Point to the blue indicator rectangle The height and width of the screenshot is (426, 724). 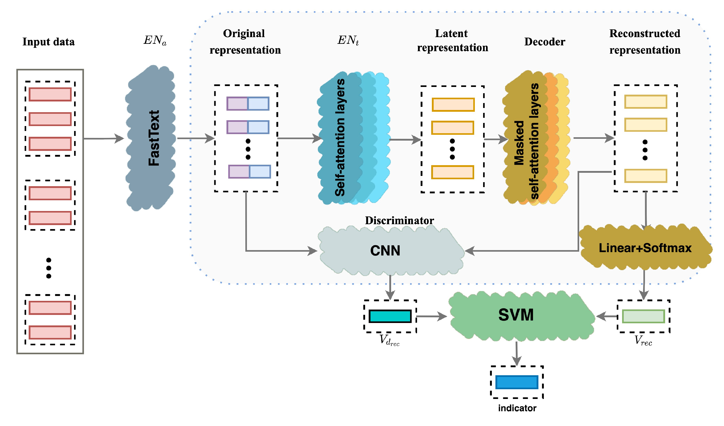point(517,382)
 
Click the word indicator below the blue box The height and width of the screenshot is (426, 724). point(517,408)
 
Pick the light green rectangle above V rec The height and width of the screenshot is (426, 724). point(643,316)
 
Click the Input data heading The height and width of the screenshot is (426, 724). point(49,42)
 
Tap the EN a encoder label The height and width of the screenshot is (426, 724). point(155,40)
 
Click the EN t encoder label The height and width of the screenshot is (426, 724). point(348,40)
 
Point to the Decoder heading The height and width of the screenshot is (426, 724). point(545,42)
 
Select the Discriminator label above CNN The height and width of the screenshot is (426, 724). point(399,220)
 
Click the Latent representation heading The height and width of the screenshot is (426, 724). point(452,40)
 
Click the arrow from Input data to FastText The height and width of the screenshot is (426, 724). point(103,138)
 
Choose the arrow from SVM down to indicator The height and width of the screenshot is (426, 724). point(517,353)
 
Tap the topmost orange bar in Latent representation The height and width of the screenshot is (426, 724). point(453,105)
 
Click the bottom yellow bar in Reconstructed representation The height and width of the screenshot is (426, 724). point(645,176)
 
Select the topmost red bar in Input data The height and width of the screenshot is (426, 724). point(50,95)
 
